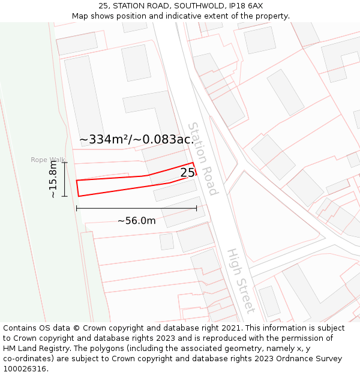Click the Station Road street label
[x=202, y=158]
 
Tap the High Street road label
[x=241, y=281]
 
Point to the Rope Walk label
[x=48, y=160]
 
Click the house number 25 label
[x=187, y=173]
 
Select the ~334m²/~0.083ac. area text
[x=136, y=140]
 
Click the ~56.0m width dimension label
[x=136, y=221]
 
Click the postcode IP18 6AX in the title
[x=244, y=6]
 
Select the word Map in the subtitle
[x=80, y=16]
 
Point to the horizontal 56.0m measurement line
[x=136, y=208]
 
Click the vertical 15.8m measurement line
[x=65, y=179]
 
